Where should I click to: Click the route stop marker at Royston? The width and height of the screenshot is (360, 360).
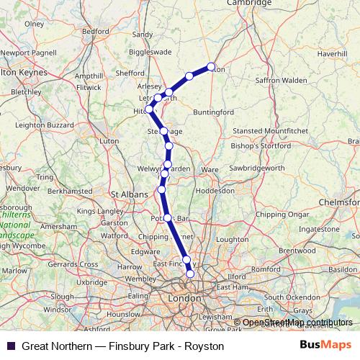[x=212, y=67]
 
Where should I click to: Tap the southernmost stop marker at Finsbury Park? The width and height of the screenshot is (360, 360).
[x=190, y=274]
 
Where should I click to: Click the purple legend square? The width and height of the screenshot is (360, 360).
[x=11, y=346]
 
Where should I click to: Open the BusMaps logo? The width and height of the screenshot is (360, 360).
[x=326, y=346]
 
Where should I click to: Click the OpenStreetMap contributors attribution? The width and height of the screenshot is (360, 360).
[x=297, y=323]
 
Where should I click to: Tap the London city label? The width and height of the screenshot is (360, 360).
[x=183, y=297]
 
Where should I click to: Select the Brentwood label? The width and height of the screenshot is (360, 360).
[x=297, y=250]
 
